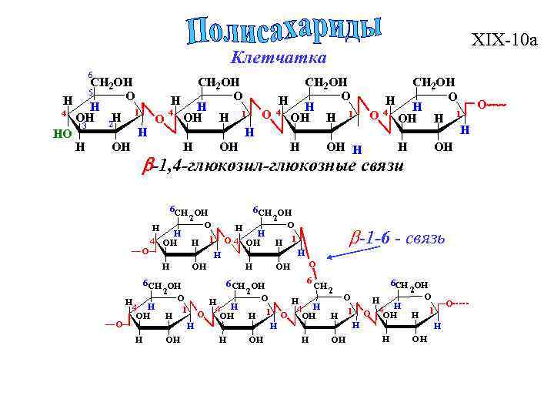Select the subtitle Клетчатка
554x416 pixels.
click(278, 58)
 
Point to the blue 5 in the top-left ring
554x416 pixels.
click(90, 92)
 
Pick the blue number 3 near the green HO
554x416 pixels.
click(84, 126)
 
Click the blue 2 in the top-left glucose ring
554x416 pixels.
click(111, 124)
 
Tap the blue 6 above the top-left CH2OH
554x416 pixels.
click(89, 75)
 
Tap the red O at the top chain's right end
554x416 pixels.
click(482, 102)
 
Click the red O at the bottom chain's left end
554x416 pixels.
click(120, 325)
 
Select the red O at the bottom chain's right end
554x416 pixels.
click(450, 303)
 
